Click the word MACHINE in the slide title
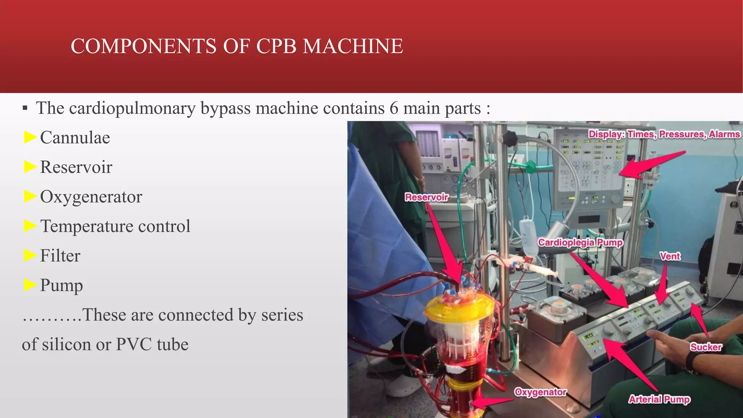click(353, 46)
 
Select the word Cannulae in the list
click(75, 138)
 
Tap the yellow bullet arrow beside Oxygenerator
click(30, 196)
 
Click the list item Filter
click(60, 256)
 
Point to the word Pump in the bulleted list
click(61, 286)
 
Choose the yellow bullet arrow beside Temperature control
click(30, 226)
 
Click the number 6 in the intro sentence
click(394, 108)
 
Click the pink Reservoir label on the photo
click(427, 197)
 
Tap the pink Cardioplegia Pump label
click(580, 242)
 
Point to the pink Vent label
click(670, 257)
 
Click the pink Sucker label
click(706, 347)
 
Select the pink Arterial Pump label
click(659, 399)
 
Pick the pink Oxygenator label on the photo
click(541, 392)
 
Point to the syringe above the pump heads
click(537, 269)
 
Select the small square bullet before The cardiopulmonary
click(25, 108)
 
